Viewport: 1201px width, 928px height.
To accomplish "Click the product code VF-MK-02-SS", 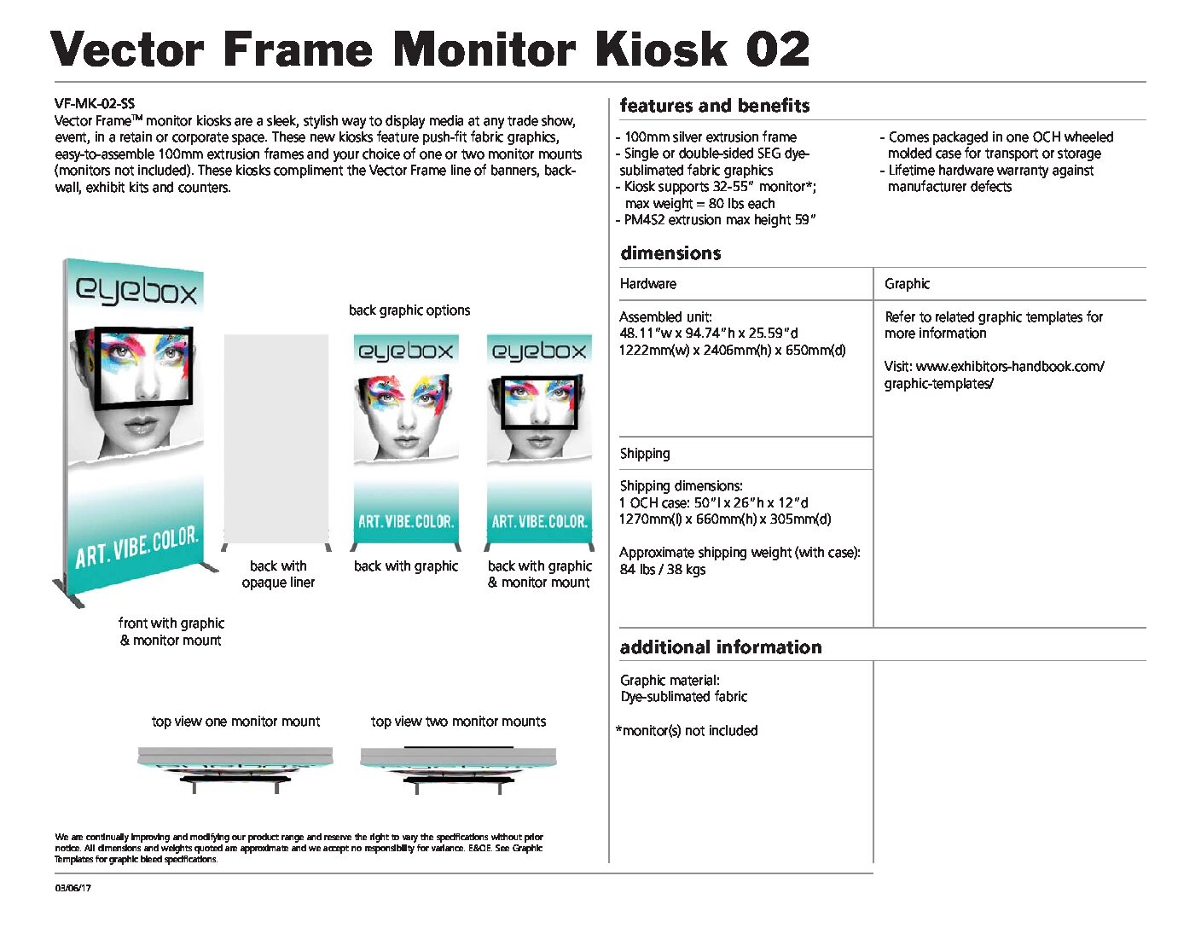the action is tap(95, 103).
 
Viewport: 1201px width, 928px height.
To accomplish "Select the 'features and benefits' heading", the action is tap(715, 105).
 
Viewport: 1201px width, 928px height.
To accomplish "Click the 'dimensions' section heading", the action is tap(670, 253).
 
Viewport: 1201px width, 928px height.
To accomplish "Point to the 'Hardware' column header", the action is tap(647, 283).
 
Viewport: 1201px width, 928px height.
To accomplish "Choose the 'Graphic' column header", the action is tap(907, 283).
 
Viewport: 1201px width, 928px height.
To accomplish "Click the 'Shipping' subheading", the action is tap(645, 453).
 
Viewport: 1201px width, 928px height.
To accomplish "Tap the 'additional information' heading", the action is tap(721, 647).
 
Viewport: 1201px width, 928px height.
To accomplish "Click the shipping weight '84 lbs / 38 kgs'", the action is tap(663, 569).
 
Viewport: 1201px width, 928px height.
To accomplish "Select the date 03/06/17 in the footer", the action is tap(73, 888).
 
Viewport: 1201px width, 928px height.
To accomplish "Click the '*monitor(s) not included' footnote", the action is tap(687, 730).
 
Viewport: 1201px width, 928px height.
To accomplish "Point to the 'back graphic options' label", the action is tap(409, 310).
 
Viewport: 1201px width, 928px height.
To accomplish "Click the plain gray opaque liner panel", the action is tap(276, 438).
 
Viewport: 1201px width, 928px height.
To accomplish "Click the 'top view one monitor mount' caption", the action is tap(236, 722).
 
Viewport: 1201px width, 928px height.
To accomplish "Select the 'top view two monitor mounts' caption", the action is tap(458, 722).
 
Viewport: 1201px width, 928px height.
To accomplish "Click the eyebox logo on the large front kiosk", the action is tap(136, 290).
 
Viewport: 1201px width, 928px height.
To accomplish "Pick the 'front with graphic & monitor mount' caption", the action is tap(171, 631).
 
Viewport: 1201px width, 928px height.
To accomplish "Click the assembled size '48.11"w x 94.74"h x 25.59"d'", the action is tap(709, 333).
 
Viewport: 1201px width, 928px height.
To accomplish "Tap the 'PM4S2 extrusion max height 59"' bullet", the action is tap(716, 219).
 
